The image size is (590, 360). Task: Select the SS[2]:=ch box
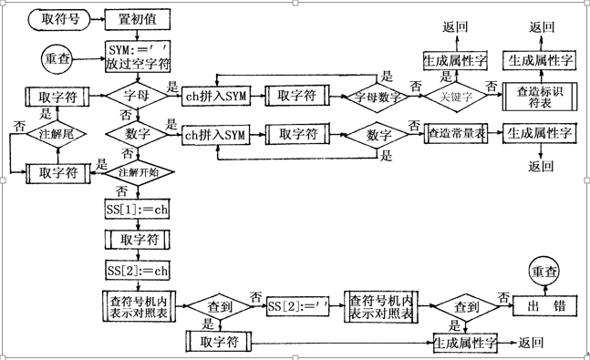138,271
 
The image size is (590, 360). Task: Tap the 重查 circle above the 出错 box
546,271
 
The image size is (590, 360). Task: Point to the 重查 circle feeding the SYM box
57,58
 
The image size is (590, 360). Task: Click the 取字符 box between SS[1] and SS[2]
136,240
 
